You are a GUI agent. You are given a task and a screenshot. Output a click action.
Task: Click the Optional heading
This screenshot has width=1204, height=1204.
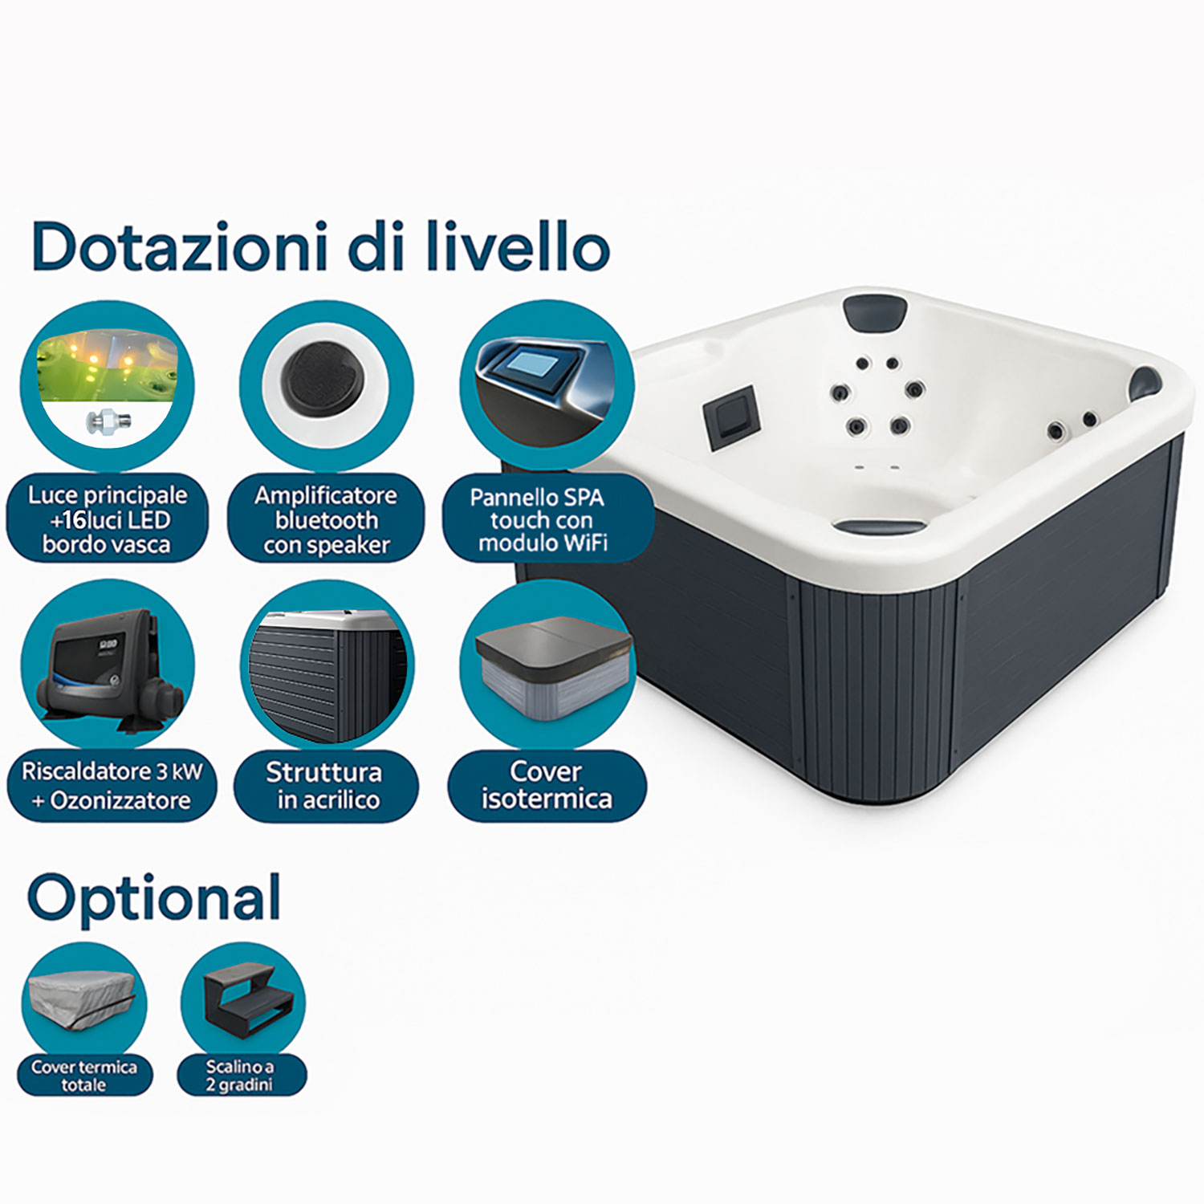point(154,899)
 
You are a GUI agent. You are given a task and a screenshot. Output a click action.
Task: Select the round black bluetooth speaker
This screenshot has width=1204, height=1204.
point(326,380)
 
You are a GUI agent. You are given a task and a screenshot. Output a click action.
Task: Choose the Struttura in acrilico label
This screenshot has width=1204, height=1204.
point(326,786)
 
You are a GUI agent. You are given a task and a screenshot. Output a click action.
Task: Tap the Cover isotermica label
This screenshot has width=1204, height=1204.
point(547,786)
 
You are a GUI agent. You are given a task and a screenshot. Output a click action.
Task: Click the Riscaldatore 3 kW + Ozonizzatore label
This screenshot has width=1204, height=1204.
point(112,786)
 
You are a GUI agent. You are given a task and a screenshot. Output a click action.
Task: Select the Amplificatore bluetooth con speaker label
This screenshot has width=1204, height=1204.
point(326,519)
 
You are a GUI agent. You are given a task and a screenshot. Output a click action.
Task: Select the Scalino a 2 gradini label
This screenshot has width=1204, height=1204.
point(241,1076)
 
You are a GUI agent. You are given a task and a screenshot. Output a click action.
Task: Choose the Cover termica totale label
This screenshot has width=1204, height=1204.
point(84,1076)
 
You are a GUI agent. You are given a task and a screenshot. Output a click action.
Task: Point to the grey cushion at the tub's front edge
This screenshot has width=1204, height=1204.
point(880,527)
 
